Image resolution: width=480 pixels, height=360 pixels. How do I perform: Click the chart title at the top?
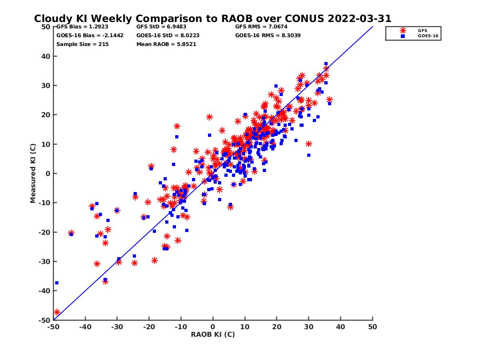tap(212, 19)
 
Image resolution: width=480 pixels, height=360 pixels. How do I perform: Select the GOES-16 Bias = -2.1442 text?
tap(90, 35)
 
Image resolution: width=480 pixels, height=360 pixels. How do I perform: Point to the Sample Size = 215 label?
tap(82, 44)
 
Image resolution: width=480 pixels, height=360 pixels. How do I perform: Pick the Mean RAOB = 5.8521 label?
tap(166, 44)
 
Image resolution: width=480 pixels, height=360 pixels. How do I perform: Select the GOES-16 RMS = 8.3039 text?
tap(268, 35)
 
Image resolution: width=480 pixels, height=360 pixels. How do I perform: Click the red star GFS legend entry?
tap(403, 30)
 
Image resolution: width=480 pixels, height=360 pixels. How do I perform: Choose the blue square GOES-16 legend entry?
tap(403, 36)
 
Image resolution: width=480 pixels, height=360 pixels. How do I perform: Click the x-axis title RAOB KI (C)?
tap(213, 334)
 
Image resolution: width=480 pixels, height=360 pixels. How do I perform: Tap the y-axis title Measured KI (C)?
tap(33, 173)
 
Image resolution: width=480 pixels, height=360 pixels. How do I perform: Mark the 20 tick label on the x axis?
tap(277, 327)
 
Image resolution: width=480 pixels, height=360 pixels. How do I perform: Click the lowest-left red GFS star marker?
tap(57, 312)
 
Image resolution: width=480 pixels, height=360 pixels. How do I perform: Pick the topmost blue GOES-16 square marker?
tap(326, 64)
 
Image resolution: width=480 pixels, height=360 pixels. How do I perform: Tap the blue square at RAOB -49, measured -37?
tap(57, 283)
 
